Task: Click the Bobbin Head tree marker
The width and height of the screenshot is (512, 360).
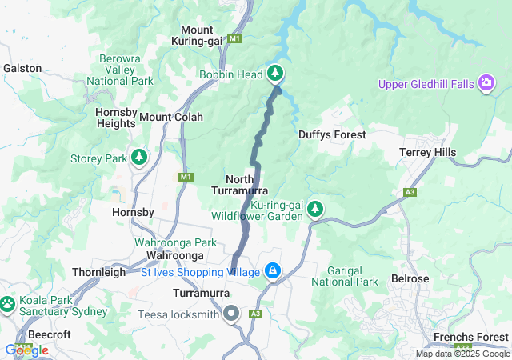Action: click(276, 74)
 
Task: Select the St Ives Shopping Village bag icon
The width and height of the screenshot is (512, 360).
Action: click(274, 272)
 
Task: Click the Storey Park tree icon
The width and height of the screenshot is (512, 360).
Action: click(139, 158)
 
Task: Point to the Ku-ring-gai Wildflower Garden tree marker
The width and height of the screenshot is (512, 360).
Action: click(316, 210)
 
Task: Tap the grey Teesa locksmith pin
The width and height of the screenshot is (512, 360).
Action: click(232, 314)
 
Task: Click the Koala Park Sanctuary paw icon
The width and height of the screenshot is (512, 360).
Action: click(7, 304)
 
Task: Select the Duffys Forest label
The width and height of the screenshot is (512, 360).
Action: click(332, 135)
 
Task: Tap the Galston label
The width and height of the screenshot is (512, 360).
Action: click(22, 68)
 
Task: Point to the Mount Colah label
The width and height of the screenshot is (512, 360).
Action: click(171, 117)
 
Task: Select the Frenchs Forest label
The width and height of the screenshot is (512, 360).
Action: click(470, 337)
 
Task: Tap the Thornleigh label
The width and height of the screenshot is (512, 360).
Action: click(100, 272)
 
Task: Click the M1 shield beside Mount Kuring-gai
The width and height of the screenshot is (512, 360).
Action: click(234, 38)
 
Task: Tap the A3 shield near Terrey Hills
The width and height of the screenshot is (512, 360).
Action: click(410, 192)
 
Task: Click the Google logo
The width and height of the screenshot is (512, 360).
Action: click(27, 350)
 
